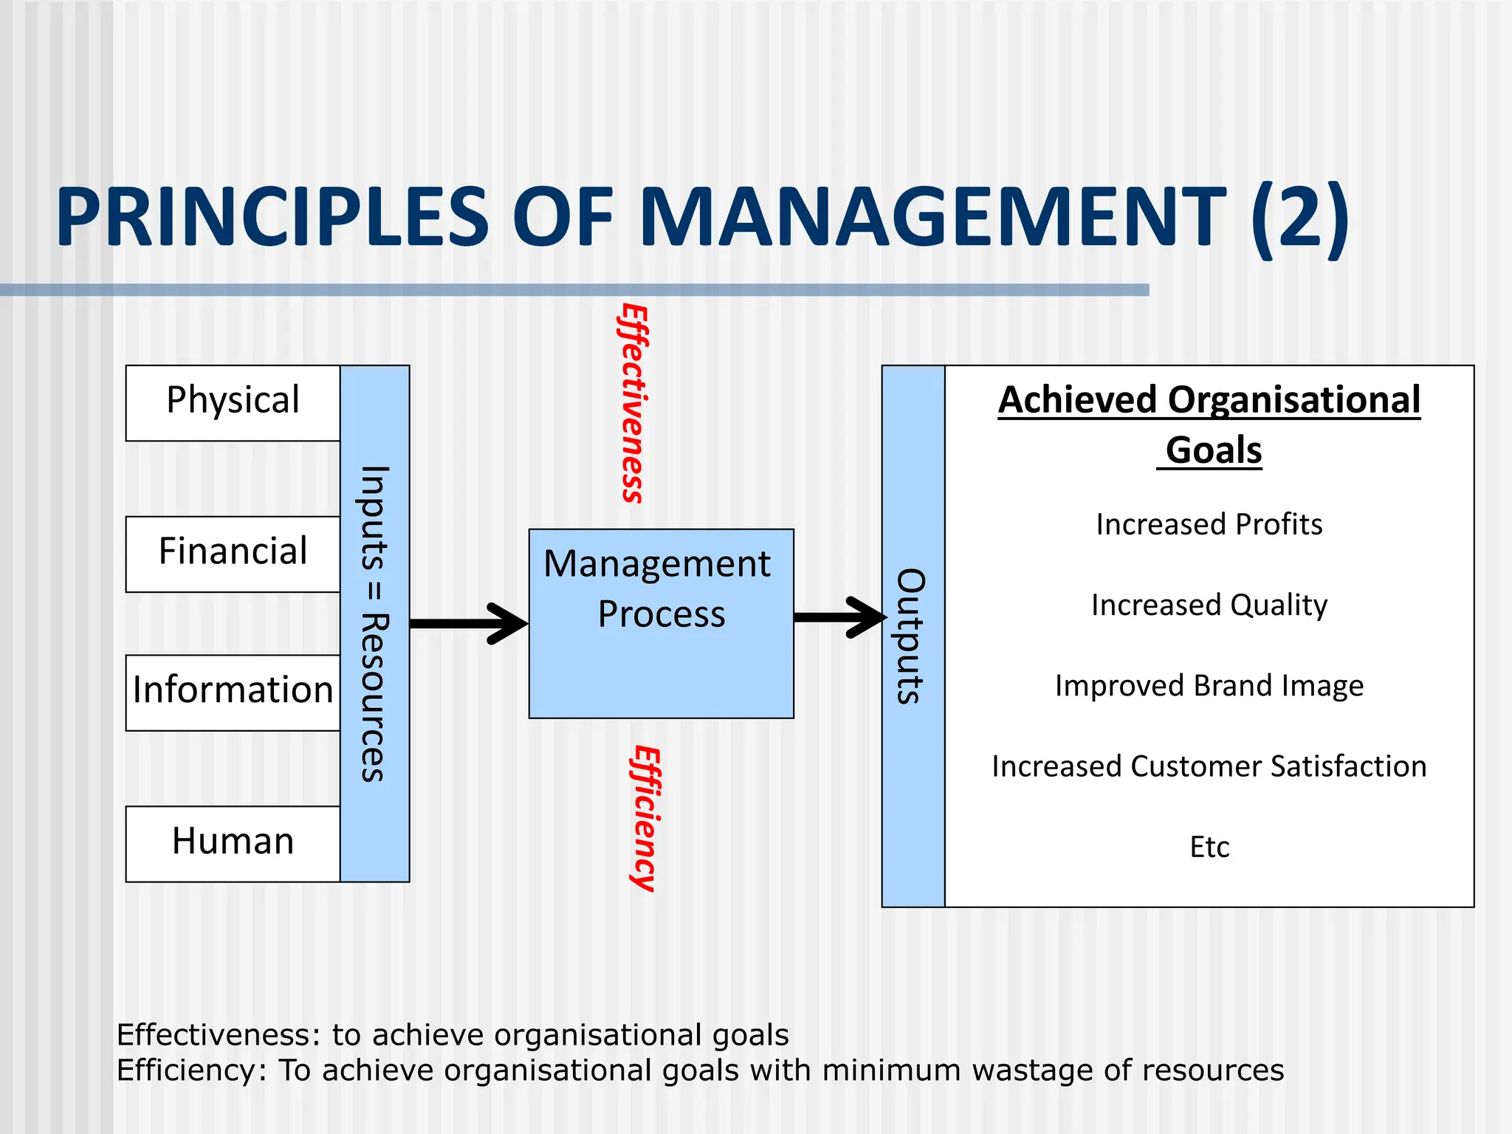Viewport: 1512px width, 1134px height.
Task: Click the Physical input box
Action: click(x=233, y=402)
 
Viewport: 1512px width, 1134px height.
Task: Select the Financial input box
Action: click(x=233, y=553)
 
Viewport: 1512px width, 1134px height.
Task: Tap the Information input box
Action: click(x=233, y=691)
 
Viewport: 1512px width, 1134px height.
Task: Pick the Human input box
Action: click(x=233, y=842)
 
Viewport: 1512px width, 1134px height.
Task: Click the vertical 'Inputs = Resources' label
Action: click(x=374, y=624)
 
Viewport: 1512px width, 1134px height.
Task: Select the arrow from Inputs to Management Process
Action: click(x=468, y=624)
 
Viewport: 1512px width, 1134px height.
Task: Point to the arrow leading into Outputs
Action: click(x=839, y=617)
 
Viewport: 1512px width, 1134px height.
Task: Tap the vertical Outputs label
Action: click(x=912, y=636)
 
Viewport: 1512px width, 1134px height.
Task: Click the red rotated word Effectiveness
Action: click(x=633, y=403)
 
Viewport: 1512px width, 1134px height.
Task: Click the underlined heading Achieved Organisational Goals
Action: click(x=1209, y=425)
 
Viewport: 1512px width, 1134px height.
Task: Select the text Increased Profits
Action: click(x=1209, y=525)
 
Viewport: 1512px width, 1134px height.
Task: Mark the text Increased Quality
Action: click(x=1209, y=605)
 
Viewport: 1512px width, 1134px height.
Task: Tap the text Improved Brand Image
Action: click(x=1209, y=686)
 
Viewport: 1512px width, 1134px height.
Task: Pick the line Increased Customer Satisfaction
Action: click(x=1209, y=766)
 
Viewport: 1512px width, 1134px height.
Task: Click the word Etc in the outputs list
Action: click(x=1209, y=847)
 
